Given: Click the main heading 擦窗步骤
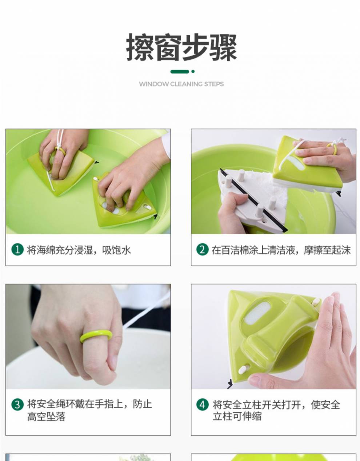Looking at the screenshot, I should tap(181, 48).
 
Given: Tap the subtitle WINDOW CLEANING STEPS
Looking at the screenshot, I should tap(181, 84).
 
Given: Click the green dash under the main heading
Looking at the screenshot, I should tap(180, 72).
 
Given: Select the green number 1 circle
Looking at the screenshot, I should tap(17, 250).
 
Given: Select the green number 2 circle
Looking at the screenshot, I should tap(203, 250).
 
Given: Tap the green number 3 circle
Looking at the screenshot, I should tap(17, 405).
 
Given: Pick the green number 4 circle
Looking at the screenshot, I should tap(203, 405).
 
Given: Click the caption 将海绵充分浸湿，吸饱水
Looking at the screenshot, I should tap(79, 250).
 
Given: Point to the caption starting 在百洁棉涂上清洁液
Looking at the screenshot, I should tap(281, 250).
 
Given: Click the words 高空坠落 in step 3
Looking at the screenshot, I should tap(46, 417).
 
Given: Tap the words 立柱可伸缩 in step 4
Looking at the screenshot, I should tap(237, 417).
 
